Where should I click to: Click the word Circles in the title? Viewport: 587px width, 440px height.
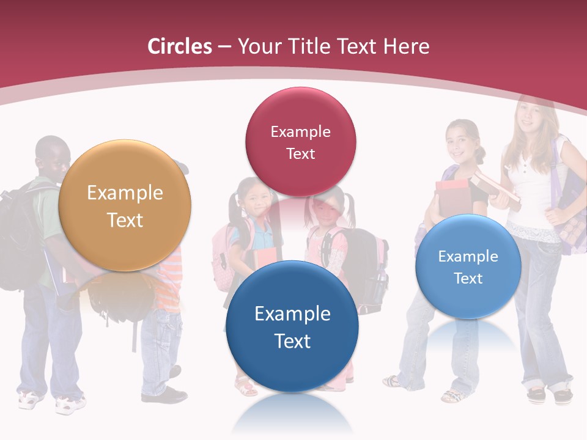[180, 46]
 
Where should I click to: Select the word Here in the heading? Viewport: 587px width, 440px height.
[407, 46]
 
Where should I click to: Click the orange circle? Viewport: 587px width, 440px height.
[125, 205]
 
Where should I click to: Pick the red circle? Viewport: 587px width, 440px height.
[300, 142]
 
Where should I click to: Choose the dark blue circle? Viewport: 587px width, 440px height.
[292, 326]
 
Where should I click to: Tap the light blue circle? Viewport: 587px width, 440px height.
[468, 267]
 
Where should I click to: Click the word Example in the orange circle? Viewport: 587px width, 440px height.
[125, 193]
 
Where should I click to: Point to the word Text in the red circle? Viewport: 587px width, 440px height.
[300, 153]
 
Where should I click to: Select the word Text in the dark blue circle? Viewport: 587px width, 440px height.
[292, 341]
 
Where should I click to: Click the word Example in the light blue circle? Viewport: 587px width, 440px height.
[468, 257]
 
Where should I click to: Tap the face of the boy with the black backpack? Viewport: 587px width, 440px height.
[54, 158]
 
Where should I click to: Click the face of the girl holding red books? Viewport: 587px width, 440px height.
[460, 139]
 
